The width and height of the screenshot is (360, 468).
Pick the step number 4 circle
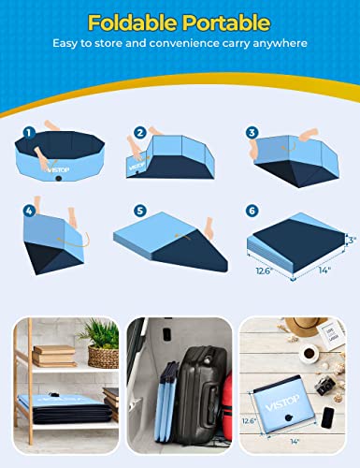tap(29, 212)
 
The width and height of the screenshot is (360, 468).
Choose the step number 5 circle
tap(140, 212)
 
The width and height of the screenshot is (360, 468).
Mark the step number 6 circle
tap(253, 212)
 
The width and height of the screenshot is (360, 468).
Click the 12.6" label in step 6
tap(262, 272)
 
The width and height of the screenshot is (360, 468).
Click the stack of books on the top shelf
tap(54, 356)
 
